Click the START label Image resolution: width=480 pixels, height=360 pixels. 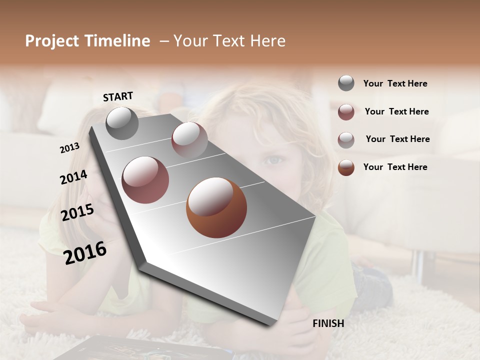[x=118, y=96]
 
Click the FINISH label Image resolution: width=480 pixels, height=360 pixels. [x=328, y=323]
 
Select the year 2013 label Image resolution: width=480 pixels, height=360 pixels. [x=69, y=148]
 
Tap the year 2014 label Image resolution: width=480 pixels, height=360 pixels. [x=73, y=177]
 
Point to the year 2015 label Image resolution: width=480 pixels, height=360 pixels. [x=77, y=212]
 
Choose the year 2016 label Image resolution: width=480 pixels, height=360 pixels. [x=85, y=252]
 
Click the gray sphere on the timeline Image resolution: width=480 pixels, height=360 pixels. [x=122, y=123]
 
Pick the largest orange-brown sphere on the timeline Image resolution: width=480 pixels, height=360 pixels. [x=216, y=207]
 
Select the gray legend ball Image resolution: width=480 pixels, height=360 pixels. [x=346, y=83]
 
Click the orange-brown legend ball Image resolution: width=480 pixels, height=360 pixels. [x=346, y=167]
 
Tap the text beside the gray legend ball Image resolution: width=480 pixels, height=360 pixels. [x=395, y=83]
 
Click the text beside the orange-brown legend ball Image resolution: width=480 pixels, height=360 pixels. [x=395, y=167]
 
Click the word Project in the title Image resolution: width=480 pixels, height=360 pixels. [x=52, y=41]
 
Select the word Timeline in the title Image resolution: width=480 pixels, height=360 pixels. [x=117, y=41]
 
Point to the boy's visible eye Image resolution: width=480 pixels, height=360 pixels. [x=273, y=160]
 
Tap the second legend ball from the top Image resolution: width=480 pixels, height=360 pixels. [x=346, y=111]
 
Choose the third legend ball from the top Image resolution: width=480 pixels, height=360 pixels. [x=346, y=139]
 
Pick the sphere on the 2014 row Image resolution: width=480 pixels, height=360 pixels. [x=145, y=179]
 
